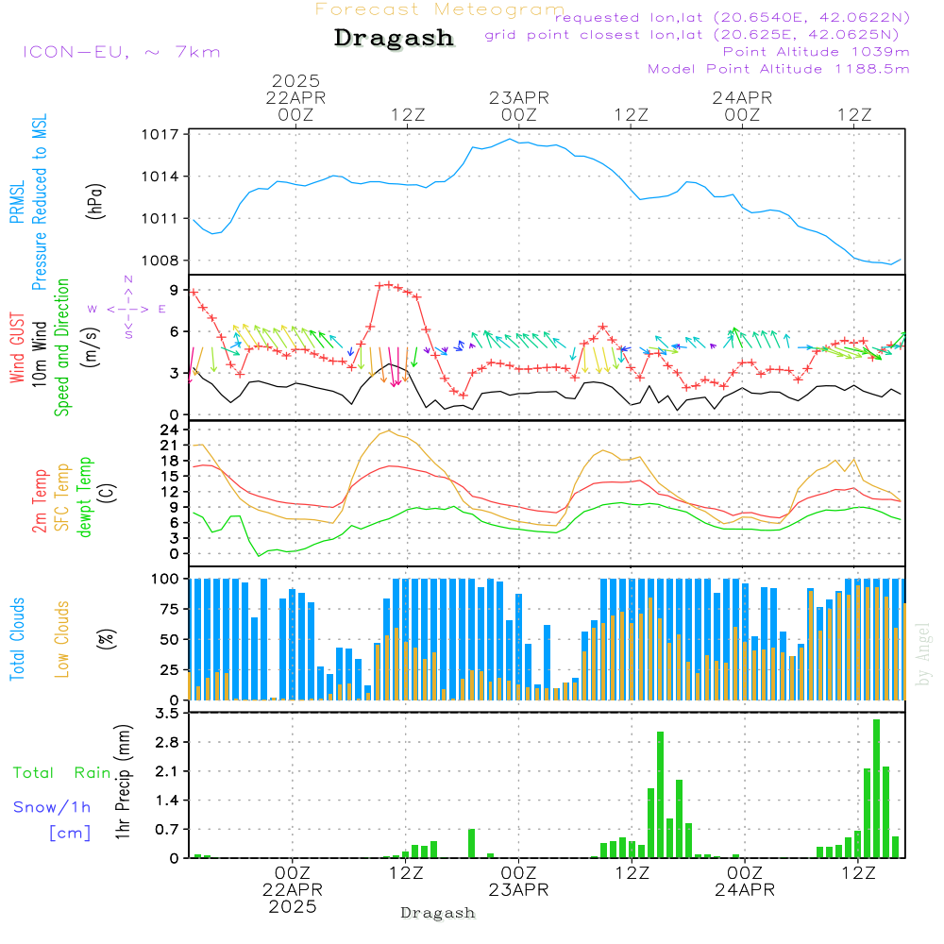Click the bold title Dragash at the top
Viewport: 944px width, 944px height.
pos(394,38)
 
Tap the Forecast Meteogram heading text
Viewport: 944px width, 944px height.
pos(440,9)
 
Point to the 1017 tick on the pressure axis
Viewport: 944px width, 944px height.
pos(162,134)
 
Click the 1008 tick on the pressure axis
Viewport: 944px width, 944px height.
pos(162,261)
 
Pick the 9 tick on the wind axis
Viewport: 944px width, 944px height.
pos(174,289)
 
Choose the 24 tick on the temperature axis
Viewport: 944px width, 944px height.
pos(169,430)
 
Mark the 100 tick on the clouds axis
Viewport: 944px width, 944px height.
pos(166,579)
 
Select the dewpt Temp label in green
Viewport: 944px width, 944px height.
pos(86,498)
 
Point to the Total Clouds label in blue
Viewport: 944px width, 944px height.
pos(18,639)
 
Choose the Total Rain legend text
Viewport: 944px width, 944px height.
pos(62,773)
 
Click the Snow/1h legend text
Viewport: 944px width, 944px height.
pos(53,807)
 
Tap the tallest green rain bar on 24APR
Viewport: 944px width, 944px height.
pos(876,788)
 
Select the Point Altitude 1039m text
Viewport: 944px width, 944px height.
pos(817,51)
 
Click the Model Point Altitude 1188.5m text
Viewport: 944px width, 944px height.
pos(779,69)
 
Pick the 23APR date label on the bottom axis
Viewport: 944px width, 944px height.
pos(518,890)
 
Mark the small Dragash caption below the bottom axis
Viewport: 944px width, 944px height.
pos(438,913)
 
